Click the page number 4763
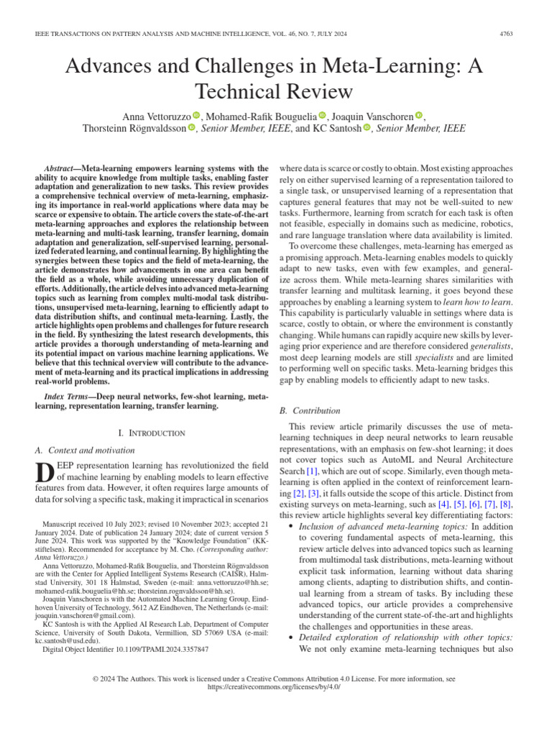coord(526,32)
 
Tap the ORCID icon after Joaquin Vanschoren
coord(420,116)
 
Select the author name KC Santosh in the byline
coord(336,129)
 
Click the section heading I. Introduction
coord(151,433)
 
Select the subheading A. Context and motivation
coord(85,450)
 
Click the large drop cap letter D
coord(44,474)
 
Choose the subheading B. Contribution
coord(310,411)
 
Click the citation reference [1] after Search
coord(311,471)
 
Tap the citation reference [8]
coord(505,505)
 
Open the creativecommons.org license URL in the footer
coord(275,687)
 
